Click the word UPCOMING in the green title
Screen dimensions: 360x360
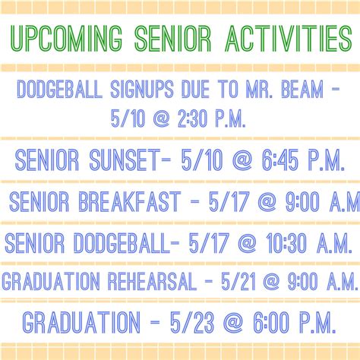(x=67, y=38)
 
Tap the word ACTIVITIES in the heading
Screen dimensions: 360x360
(x=289, y=38)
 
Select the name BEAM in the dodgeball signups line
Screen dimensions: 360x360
(x=302, y=89)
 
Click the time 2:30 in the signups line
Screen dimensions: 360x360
(x=192, y=118)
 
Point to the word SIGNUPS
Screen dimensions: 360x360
(x=142, y=89)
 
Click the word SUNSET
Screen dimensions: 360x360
(x=125, y=160)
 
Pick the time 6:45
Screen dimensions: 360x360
(x=280, y=160)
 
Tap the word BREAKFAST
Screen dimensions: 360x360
(x=130, y=201)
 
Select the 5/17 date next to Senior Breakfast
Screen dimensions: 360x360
(x=229, y=201)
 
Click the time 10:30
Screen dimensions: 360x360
(x=286, y=243)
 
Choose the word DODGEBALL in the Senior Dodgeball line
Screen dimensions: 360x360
(x=122, y=243)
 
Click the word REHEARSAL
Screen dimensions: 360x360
(x=152, y=281)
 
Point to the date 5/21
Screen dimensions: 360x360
(x=238, y=281)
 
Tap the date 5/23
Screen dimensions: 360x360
(x=192, y=322)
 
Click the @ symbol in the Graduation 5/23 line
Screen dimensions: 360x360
(x=233, y=322)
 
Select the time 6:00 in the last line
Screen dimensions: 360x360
(x=271, y=322)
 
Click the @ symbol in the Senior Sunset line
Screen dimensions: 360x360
(x=242, y=160)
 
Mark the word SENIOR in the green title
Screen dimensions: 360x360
(x=172, y=38)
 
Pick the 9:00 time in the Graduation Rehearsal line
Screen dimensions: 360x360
(x=302, y=281)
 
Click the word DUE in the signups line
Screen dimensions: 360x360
(x=195, y=89)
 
